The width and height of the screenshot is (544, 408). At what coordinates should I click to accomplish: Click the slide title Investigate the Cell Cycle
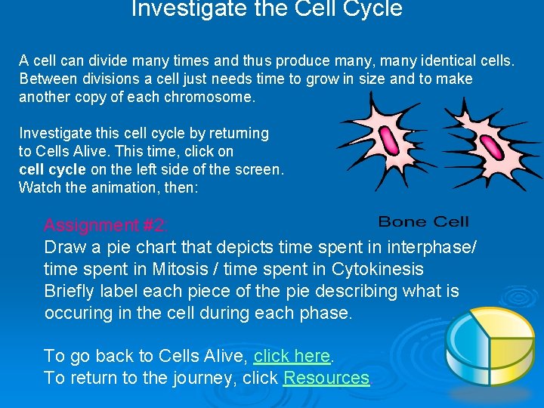click(x=267, y=9)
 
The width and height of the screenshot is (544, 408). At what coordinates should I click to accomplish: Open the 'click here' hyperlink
click(x=292, y=356)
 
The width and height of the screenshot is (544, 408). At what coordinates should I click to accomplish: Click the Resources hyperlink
click(x=326, y=378)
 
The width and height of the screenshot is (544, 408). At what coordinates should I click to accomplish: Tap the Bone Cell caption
click(x=423, y=221)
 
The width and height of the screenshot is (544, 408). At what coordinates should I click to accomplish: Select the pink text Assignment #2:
click(x=106, y=224)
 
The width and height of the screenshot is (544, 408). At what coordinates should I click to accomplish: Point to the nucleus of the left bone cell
click(x=390, y=141)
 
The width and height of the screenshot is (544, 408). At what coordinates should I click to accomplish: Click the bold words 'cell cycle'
click(x=52, y=169)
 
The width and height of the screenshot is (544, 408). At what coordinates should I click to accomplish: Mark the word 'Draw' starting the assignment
click(x=63, y=247)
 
